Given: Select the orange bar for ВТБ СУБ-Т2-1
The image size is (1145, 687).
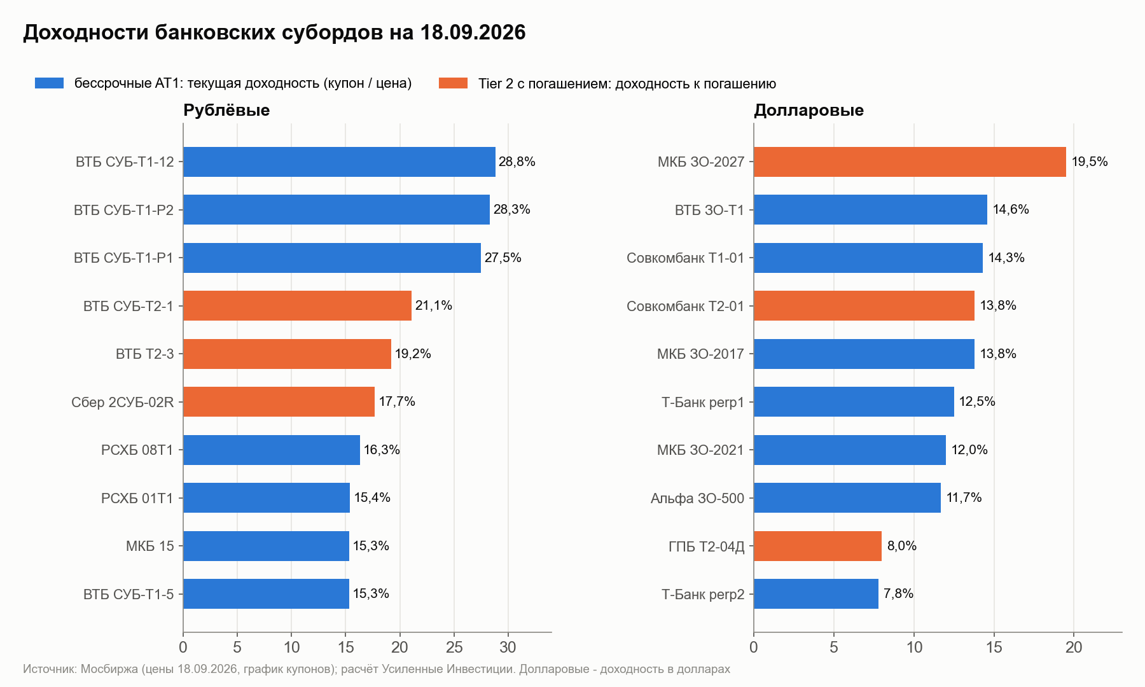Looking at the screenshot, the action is pyautogui.click(x=297, y=305).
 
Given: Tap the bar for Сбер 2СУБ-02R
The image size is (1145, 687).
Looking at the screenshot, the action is pyautogui.click(x=279, y=401).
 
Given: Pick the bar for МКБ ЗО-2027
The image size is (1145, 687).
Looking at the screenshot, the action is pyautogui.click(x=910, y=162).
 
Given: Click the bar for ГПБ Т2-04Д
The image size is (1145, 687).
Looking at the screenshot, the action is pyautogui.click(x=817, y=546).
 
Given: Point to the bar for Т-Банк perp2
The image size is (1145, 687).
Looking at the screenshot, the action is pyautogui.click(x=816, y=593).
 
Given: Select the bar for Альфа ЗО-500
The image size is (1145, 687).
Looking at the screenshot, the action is pyautogui.click(x=847, y=497).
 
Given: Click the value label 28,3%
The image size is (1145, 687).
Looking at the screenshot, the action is pyautogui.click(x=512, y=209).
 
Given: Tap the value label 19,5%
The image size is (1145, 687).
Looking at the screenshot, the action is pyautogui.click(x=1090, y=162).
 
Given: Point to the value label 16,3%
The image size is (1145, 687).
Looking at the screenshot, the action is pyautogui.click(x=382, y=450).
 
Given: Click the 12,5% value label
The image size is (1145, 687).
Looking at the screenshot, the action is pyautogui.click(x=977, y=401).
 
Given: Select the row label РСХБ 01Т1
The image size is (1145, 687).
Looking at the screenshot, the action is pyautogui.click(x=137, y=498).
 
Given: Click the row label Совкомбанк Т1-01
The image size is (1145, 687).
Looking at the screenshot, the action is pyautogui.click(x=685, y=258).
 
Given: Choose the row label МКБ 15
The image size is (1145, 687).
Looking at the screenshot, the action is pyautogui.click(x=150, y=546).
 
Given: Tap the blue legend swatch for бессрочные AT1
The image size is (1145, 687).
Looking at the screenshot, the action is pyautogui.click(x=49, y=83).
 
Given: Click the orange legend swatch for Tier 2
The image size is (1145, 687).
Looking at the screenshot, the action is pyautogui.click(x=453, y=83).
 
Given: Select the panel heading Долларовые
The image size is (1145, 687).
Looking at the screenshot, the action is pyautogui.click(x=808, y=110).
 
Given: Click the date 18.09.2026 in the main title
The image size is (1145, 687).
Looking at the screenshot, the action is pyautogui.click(x=473, y=32).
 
